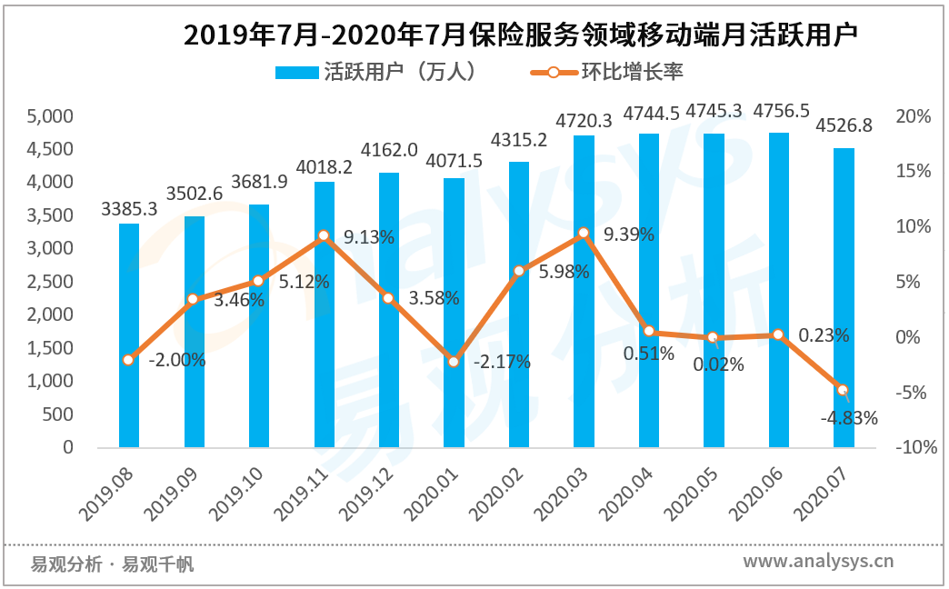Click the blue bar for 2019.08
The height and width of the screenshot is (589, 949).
click(129, 335)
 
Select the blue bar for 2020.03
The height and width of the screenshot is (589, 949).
click(584, 291)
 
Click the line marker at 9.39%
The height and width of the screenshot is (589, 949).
click(584, 234)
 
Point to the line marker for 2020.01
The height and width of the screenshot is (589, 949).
click(454, 362)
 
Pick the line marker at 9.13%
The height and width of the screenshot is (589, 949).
click(324, 236)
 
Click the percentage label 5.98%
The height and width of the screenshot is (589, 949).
click(564, 271)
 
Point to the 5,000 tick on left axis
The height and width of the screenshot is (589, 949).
click(50, 116)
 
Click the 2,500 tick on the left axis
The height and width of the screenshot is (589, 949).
click(50, 282)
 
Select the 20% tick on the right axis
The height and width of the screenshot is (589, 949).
click(913, 116)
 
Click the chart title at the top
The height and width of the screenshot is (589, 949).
click(521, 35)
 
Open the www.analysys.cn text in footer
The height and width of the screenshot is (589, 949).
click(818, 561)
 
